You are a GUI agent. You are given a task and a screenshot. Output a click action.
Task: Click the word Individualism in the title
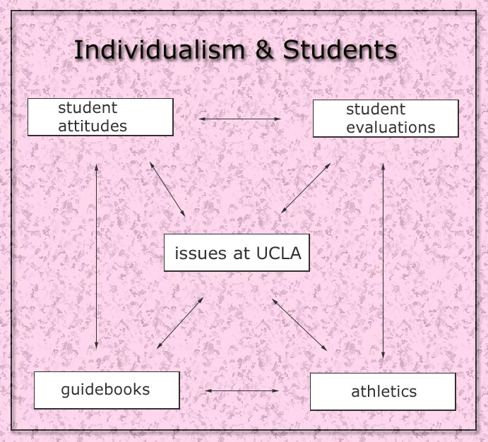[160, 49]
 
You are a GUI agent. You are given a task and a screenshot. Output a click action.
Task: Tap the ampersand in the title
[264, 49]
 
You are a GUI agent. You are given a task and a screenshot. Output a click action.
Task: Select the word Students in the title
[340, 49]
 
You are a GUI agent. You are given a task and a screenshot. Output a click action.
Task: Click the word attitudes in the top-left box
[93, 126]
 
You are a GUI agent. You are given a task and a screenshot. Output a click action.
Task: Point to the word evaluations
[391, 128]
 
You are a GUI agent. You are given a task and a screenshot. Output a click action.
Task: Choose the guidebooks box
[107, 390]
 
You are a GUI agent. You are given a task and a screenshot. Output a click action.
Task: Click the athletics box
[383, 392]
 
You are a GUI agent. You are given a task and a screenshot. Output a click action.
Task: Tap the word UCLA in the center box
[278, 253]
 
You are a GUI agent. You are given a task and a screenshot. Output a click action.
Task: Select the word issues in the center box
[201, 253]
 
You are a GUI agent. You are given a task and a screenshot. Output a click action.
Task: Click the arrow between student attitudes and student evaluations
[239, 119]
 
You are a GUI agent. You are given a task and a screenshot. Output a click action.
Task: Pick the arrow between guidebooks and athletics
[242, 390]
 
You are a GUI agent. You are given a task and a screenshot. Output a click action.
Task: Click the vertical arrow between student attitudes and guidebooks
[97, 256]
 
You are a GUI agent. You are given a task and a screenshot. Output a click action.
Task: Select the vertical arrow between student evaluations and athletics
[383, 261]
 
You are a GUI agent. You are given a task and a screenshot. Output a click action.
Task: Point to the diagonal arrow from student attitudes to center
[167, 189]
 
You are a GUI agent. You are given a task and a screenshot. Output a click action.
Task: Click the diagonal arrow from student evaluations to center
[306, 189]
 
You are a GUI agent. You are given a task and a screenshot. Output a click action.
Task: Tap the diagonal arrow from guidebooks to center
[180, 323]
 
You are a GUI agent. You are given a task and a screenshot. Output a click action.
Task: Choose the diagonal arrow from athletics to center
[299, 325]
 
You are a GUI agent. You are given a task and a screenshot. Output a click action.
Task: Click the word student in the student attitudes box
[88, 108]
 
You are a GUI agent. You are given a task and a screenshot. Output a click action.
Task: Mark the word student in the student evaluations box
[376, 109]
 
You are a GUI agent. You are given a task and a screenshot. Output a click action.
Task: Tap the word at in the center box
[242, 253]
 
